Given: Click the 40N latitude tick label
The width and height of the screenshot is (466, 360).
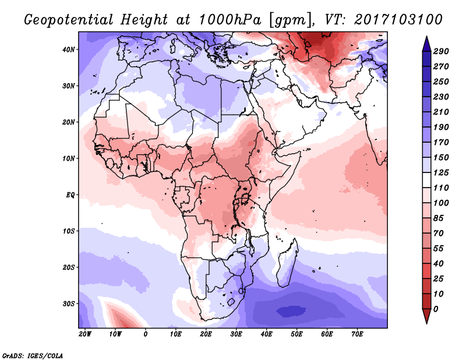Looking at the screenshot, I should pos(69,50).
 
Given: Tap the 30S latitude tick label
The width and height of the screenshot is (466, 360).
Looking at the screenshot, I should pos(69,303).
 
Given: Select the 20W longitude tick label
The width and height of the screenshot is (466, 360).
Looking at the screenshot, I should pos(85,334).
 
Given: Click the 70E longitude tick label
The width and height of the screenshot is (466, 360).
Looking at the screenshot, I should pos(358,334).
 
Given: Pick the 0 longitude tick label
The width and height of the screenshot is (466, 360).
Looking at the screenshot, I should pos(146,334).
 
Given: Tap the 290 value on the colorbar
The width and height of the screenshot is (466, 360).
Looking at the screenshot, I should pos(441,52).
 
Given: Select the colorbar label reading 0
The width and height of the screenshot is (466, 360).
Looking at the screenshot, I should pos(436,308).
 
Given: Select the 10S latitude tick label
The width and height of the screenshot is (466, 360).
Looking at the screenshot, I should pos(69,231).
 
